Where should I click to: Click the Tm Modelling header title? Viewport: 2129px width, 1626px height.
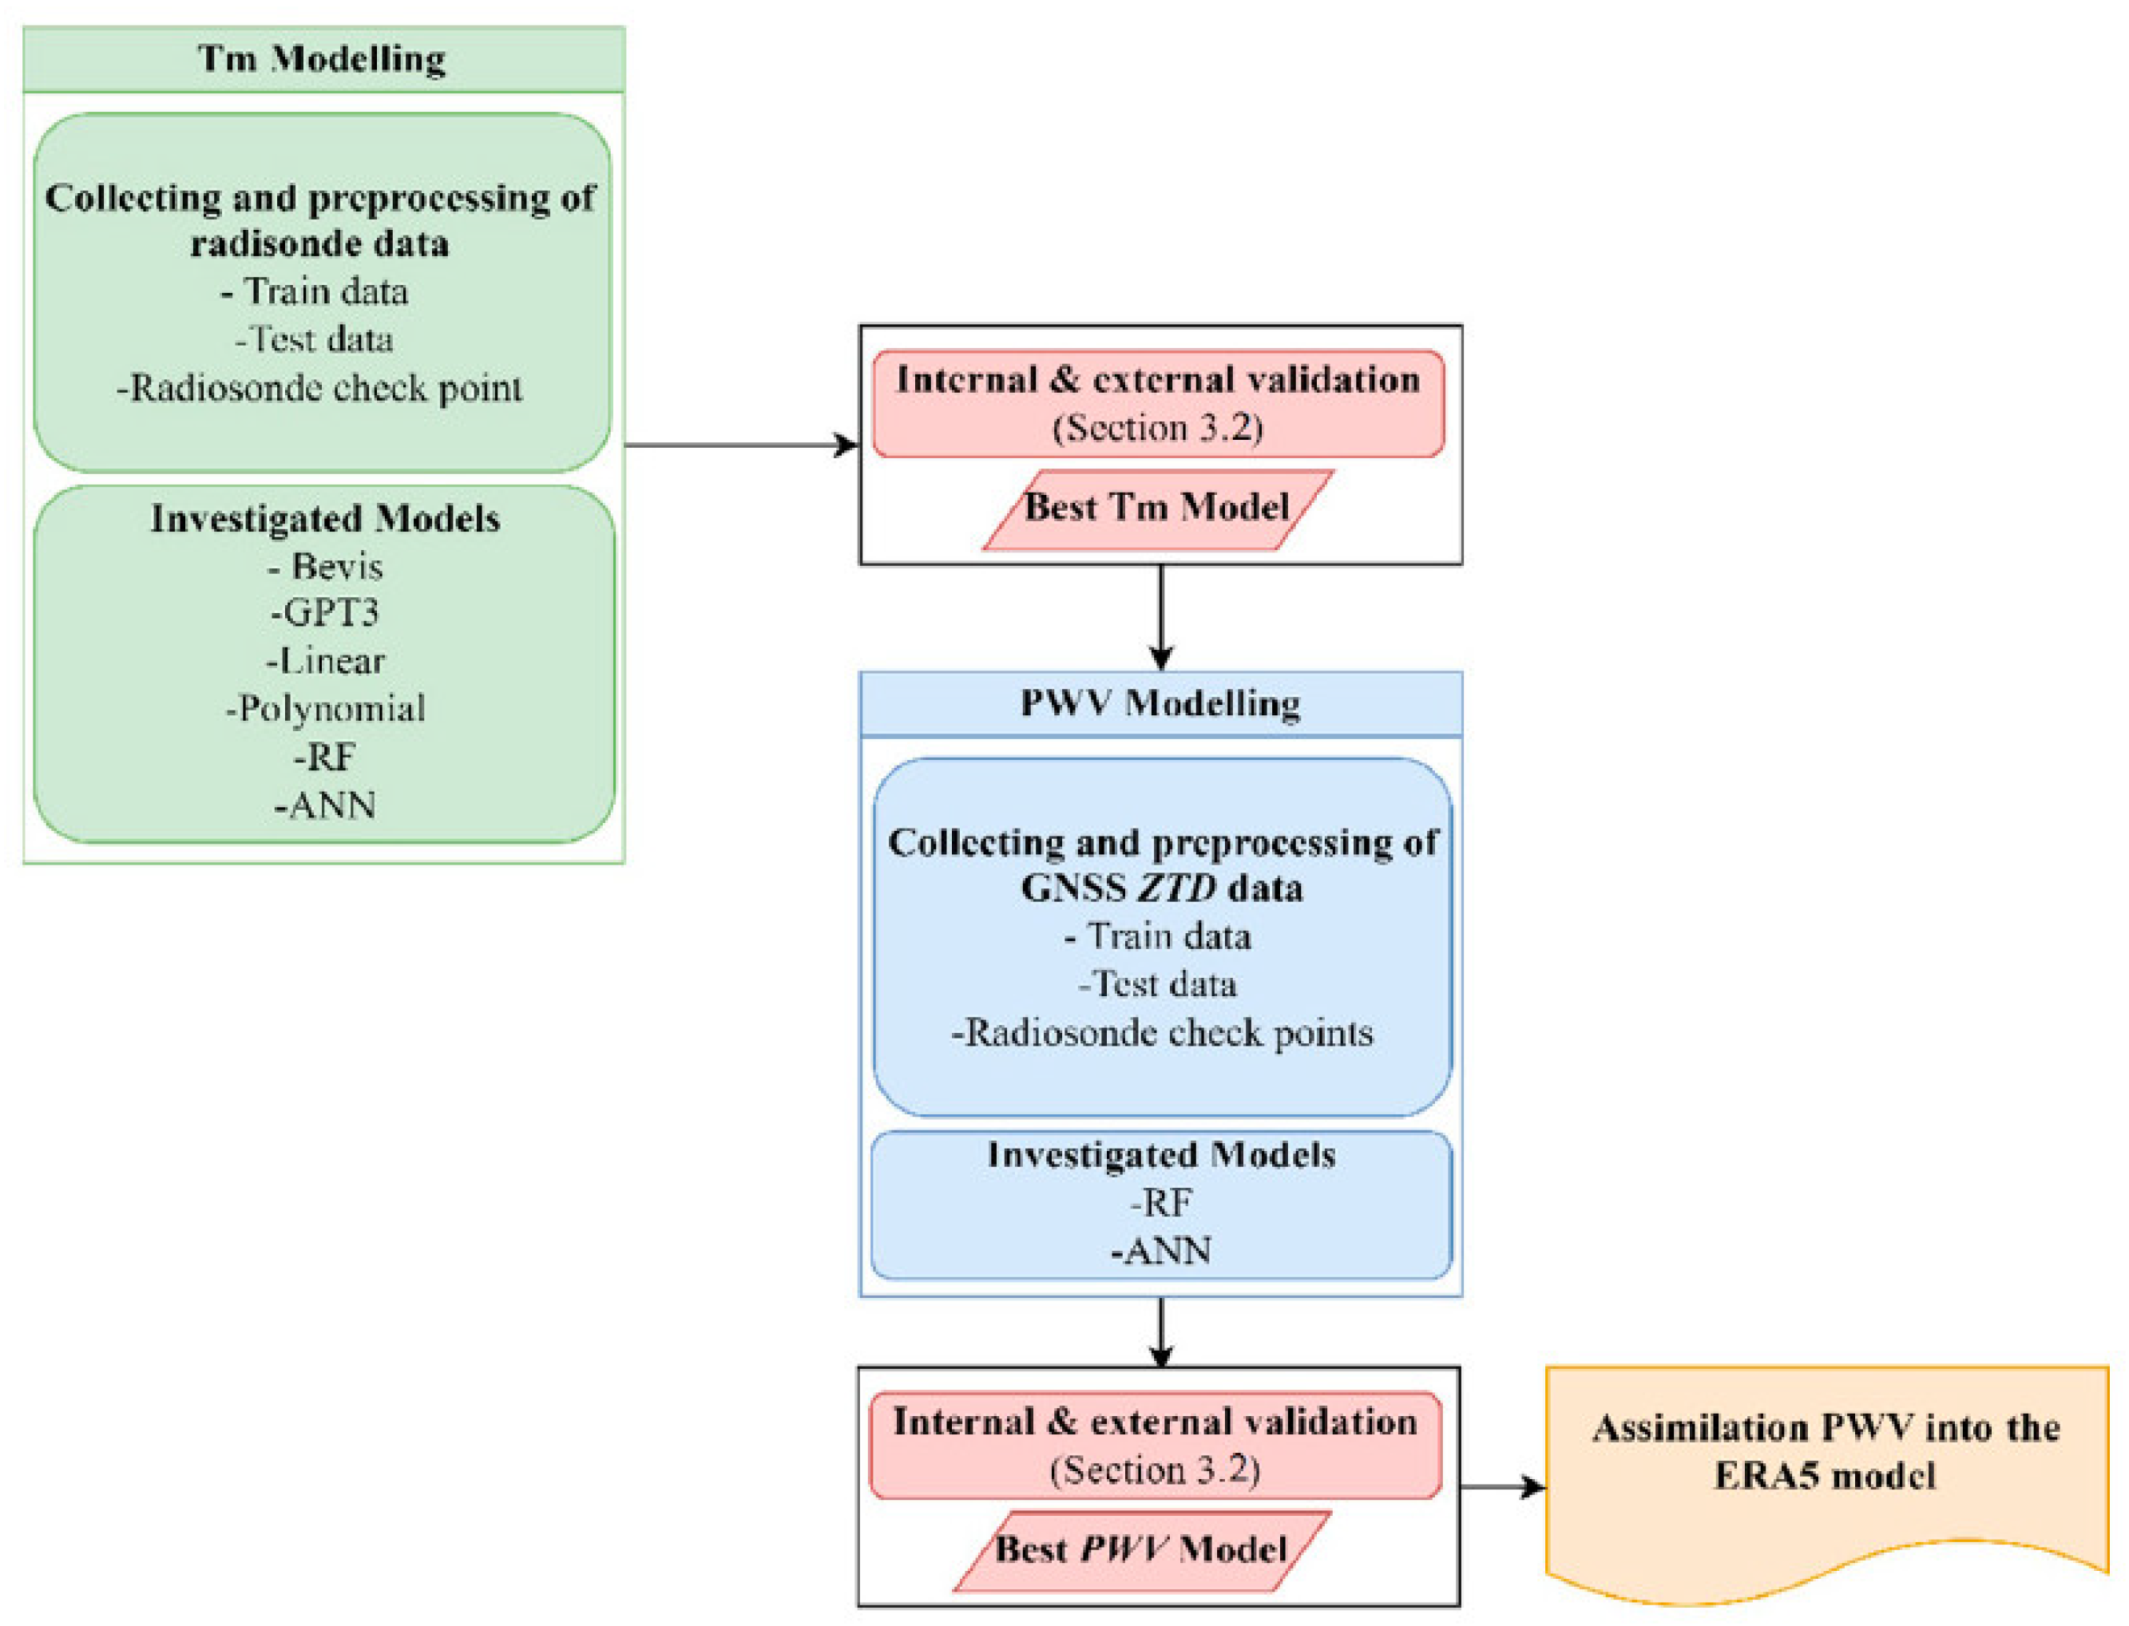pos(322,58)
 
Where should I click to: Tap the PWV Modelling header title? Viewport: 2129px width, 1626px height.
pos(1159,702)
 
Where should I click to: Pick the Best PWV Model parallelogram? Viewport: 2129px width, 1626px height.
pos(1140,1549)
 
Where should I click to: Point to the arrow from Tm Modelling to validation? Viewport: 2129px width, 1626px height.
pos(740,445)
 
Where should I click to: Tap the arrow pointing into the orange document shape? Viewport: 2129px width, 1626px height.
pos(1501,1486)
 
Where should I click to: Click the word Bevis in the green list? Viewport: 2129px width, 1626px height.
pos(336,566)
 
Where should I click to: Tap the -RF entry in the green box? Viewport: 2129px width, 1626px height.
pos(325,757)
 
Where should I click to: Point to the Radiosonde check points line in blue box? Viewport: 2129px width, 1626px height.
pos(1161,1033)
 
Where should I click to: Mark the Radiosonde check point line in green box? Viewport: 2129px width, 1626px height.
pos(319,388)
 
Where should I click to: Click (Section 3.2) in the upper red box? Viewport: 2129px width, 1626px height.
pos(1157,428)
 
